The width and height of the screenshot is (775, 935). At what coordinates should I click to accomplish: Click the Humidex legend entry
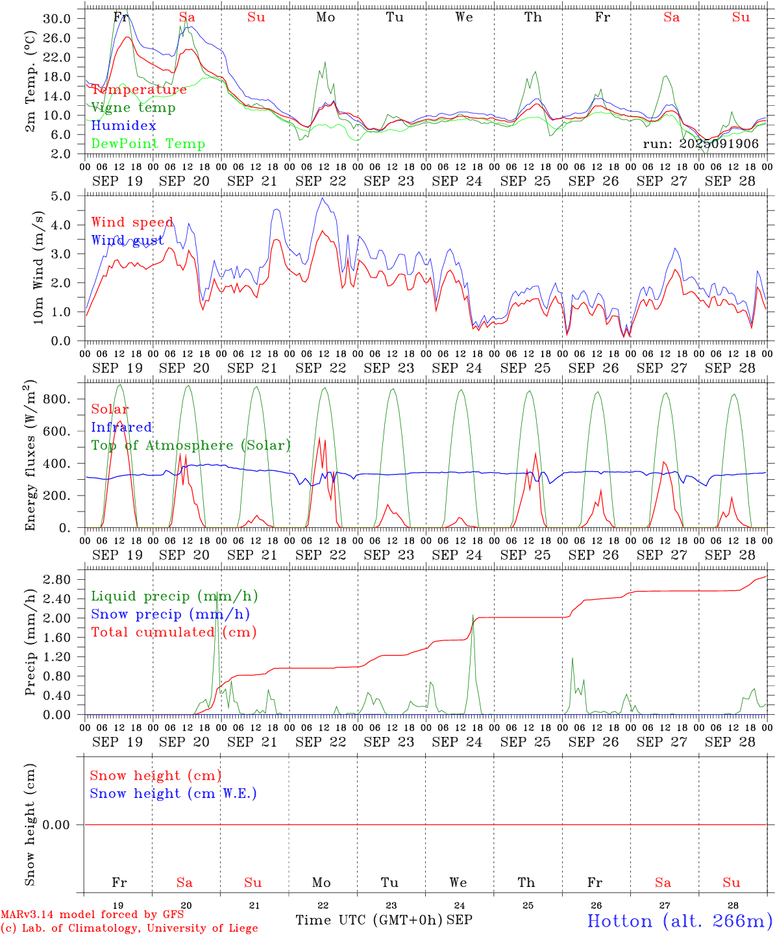point(123,126)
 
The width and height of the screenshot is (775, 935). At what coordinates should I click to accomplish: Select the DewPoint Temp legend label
point(148,144)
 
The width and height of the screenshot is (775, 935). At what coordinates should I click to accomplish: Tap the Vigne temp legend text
point(133,108)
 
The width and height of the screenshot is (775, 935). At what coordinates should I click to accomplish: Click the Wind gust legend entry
point(128,241)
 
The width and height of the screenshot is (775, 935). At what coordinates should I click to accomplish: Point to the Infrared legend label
point(121,427)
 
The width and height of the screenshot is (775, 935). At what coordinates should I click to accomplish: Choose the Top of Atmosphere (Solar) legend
point(191,445)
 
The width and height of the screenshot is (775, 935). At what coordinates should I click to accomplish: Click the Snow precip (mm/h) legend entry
point(170,614)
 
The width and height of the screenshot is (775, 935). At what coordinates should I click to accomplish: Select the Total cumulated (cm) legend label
point(173,632)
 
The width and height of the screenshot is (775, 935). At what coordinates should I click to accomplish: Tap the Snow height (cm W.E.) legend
point(173,793)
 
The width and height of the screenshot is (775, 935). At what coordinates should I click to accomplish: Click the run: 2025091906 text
point(700,144)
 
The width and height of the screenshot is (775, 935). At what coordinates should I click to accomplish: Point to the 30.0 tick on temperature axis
point(57,19)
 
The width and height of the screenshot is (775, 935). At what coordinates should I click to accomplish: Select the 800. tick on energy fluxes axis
point(56,399)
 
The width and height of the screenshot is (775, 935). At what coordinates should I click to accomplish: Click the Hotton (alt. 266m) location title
point(680,921)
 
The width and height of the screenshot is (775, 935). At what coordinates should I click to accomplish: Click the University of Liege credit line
point(129,929)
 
